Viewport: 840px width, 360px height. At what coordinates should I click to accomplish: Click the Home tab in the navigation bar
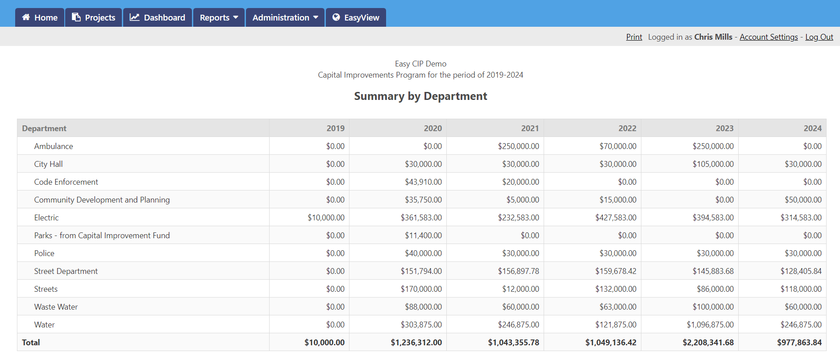coord(40,17)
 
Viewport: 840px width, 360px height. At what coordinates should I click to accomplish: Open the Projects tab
coord(93,17)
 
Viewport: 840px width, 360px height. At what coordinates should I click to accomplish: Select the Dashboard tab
coord(157,17)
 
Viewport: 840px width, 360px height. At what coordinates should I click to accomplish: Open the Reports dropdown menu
coord(219,17)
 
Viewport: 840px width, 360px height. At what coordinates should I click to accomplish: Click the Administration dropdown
coord(285,17)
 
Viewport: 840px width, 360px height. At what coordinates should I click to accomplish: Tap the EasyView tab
coord(356,17)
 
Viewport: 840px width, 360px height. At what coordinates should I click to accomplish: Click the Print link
coord(634,37)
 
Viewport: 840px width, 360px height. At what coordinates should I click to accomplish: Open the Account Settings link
coord(769,37)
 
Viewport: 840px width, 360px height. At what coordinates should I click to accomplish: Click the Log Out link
coord(819,37)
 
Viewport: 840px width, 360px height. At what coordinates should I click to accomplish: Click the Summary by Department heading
coord(420,96)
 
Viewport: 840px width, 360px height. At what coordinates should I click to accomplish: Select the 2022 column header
coord(627,128)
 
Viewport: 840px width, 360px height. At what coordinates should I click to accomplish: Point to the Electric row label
coord(46,218)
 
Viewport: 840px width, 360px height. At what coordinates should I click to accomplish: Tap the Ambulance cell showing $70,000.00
coord(618,146)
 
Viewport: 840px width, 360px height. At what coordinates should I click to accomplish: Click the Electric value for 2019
coord(326,218)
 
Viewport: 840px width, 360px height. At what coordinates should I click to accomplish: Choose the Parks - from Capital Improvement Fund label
coord(102,236)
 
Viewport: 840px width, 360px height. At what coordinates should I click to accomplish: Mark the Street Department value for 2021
coord(518,271)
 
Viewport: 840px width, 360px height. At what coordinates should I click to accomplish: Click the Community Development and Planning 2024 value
coord(803,200)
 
